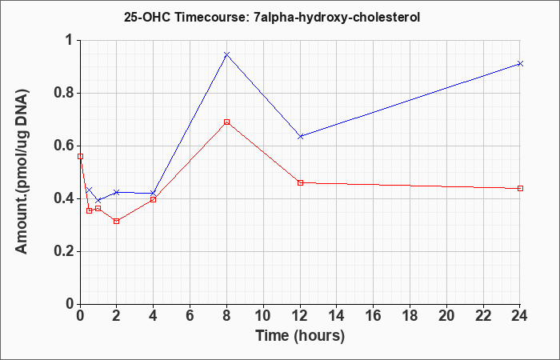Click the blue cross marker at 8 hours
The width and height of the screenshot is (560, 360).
(226, 54)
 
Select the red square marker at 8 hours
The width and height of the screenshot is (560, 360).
(226, 122)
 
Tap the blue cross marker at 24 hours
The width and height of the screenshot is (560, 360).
(520, 63)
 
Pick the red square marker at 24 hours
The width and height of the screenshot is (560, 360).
(520, 188)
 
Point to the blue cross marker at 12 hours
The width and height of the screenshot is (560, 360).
(300, 136)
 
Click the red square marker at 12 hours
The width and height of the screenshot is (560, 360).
(300, 182)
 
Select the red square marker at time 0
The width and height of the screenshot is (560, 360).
(80, 157)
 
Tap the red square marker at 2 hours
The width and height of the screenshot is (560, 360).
(117, 222)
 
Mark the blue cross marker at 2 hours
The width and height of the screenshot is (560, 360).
(117, 193)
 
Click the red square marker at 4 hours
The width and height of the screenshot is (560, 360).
(154, 199)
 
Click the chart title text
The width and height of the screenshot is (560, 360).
(272, 17)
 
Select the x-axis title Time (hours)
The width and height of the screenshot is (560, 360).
(300, 336)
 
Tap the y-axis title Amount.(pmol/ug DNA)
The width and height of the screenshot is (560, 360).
(22, 172)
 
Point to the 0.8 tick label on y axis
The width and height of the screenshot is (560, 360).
(66, 94)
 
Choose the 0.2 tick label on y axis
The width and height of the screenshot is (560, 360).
(66, 252)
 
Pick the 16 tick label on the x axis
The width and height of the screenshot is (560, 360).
(374, 316)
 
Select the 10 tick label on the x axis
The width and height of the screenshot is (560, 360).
(263, 316)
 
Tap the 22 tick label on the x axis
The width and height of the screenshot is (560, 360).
(483, 316)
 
